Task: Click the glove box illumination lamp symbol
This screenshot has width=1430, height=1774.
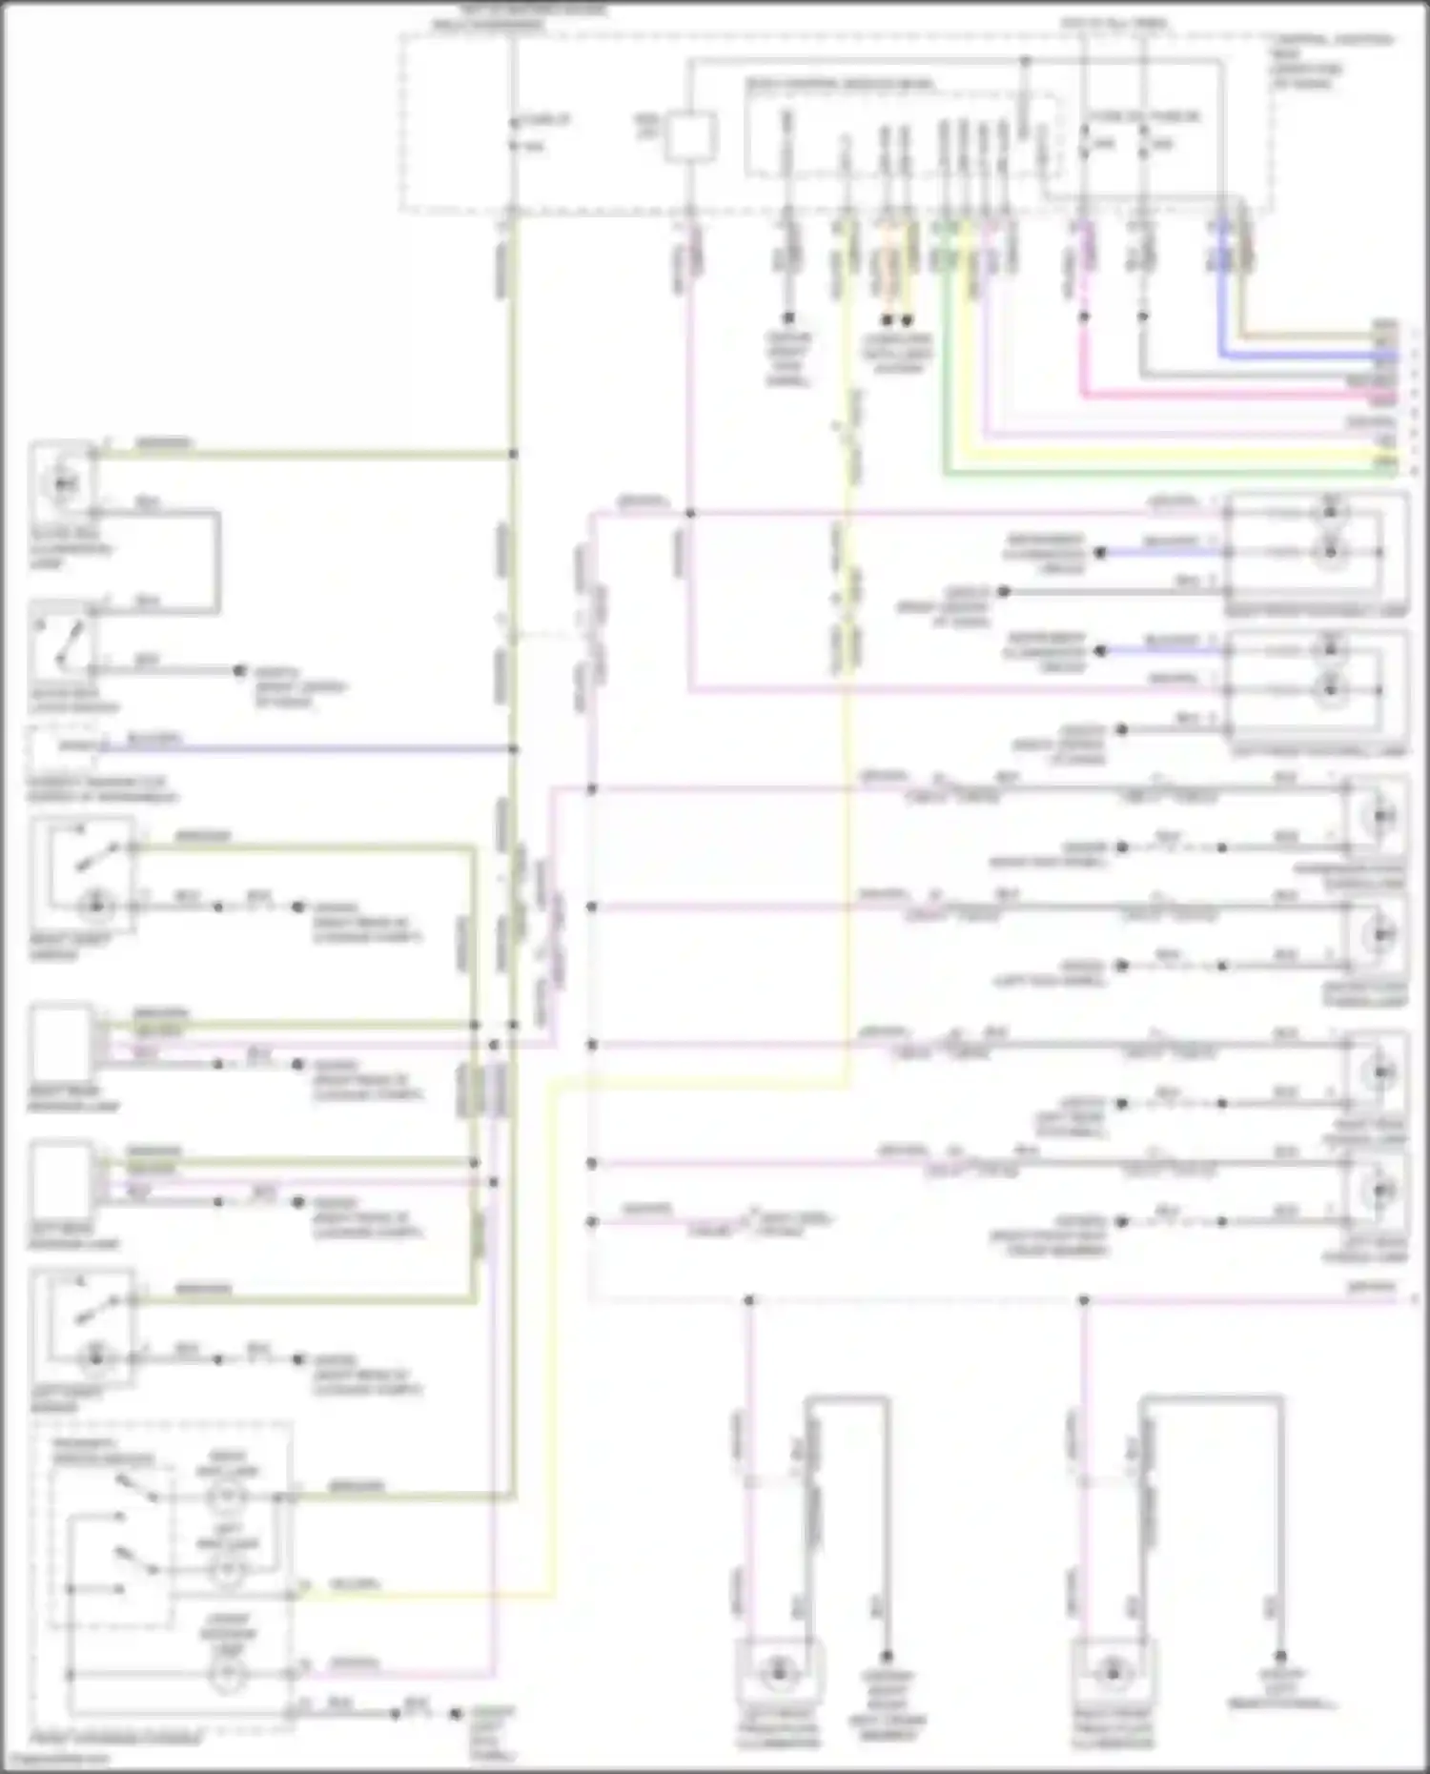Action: click(63, 483)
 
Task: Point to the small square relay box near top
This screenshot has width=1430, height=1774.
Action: click(690, 137)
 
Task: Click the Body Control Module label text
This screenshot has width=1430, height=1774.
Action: click(839, 85)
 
